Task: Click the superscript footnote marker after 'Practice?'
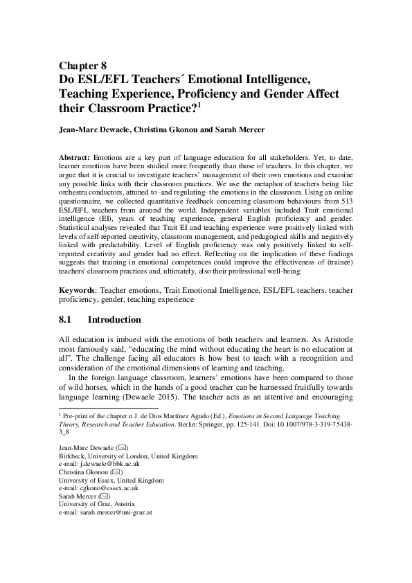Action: (199, 105)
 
